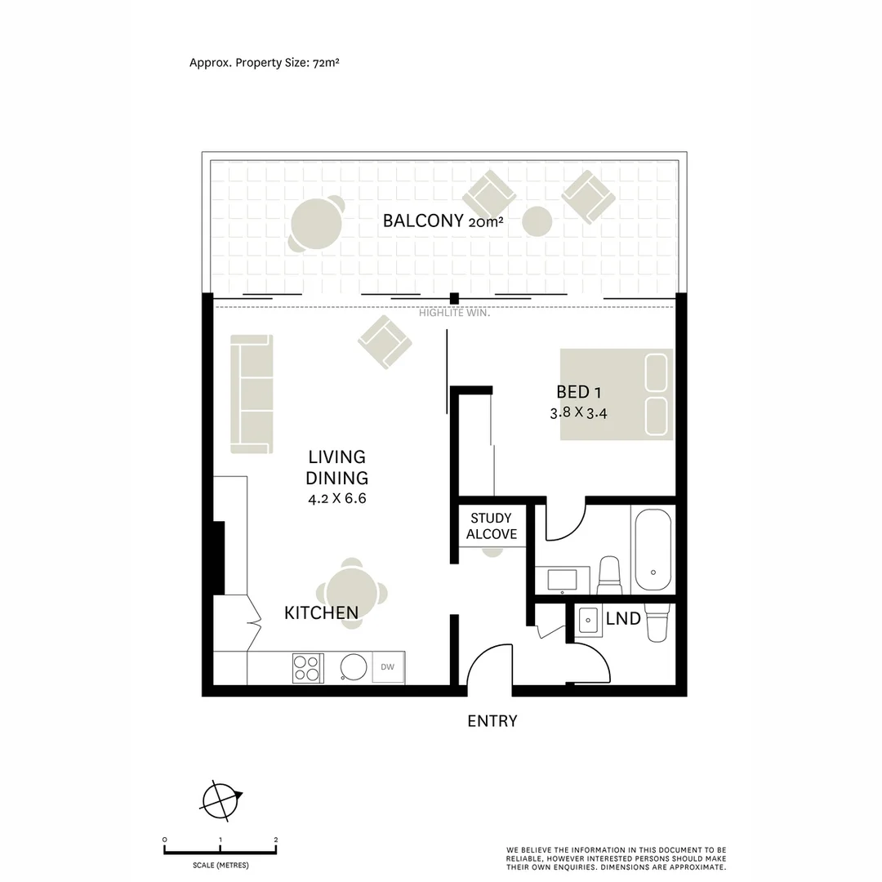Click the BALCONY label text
click(x=423, y=220)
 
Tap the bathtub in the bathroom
click(x=653, y=550)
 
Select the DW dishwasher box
click(x=388, y=668)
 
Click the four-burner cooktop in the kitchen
click(x=307, y=668)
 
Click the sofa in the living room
click(x=251, y=394)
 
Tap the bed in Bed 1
click(x=617, y=394)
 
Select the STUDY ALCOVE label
click(x=492, y=526)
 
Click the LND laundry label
click(x=623, y=619)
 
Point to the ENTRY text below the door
click(x=492, y=721)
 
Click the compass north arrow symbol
click(x=221, y=800)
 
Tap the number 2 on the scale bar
click(x=276, y=840)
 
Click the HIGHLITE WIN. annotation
click(x=454, y=313)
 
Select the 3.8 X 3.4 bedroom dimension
click(x=578, y=413)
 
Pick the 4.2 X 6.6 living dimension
click(x=336, y=499)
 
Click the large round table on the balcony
click(x=315, y=225)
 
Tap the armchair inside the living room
click(x=384, y=341)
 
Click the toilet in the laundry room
click(x=657, y=625)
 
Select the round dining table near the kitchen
click(x=351, y=594)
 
